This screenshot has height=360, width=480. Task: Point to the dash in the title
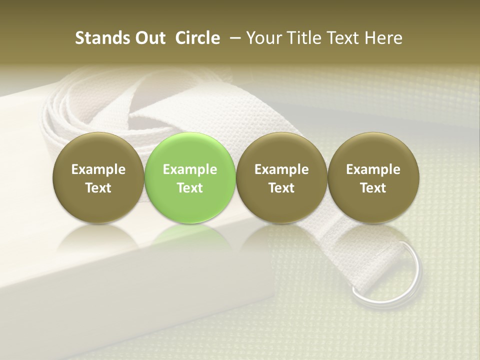233,38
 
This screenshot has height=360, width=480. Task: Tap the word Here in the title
383,38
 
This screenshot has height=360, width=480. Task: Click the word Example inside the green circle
190,169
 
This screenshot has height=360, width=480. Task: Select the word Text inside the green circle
190,188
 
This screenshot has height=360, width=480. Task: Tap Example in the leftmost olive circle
98,169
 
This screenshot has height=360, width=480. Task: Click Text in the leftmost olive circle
98,188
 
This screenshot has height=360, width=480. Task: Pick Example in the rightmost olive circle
373,169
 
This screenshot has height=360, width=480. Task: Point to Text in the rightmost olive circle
373,188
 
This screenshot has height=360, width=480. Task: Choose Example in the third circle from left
281,169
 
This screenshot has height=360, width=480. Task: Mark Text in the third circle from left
281,188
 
